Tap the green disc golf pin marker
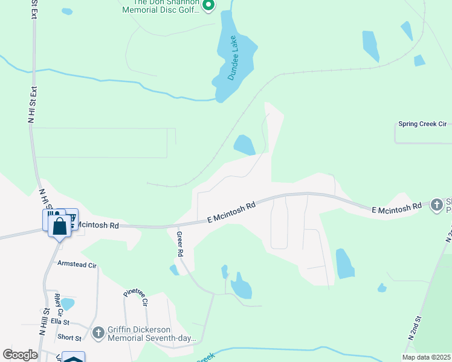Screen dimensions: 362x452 point(208,5)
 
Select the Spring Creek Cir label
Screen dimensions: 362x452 point(422,124)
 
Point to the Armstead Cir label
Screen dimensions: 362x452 point(77,264)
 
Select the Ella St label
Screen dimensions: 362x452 point(60,322)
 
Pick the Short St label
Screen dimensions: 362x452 point(69,338)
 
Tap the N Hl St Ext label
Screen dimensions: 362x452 point(33,105)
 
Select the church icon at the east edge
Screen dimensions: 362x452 point(437,205)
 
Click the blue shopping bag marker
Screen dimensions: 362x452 point(60,227)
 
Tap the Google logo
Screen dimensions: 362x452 point(21,354)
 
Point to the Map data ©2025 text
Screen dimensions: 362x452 point(425,357)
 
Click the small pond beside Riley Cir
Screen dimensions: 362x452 point(68,303)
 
